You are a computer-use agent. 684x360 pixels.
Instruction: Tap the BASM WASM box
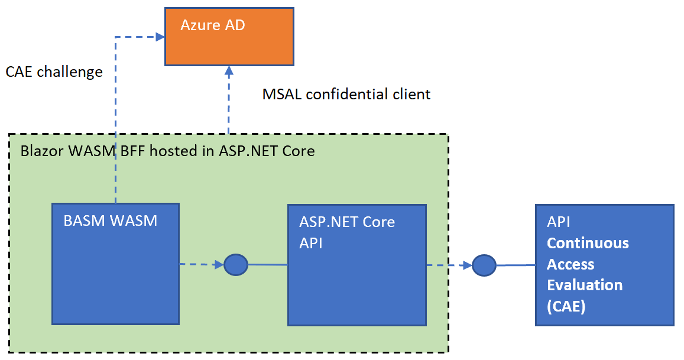point(115,264)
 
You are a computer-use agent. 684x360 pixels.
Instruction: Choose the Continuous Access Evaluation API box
point(604,265)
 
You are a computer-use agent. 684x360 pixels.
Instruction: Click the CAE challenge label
point(54,72)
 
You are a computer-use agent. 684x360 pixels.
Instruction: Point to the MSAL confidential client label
point(346,94)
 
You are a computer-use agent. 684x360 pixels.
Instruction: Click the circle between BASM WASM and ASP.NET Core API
point(236,264)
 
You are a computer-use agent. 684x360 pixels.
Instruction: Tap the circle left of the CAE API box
point(484,265)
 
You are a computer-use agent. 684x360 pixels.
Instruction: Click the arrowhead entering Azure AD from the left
point(160,37)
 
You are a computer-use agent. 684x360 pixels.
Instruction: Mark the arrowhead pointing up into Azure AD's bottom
point(229,72)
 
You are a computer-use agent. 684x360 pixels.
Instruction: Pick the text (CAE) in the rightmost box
point(566,306)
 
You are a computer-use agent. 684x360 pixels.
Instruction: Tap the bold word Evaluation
point(584,285)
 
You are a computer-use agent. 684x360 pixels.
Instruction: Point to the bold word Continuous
point(588,243)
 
